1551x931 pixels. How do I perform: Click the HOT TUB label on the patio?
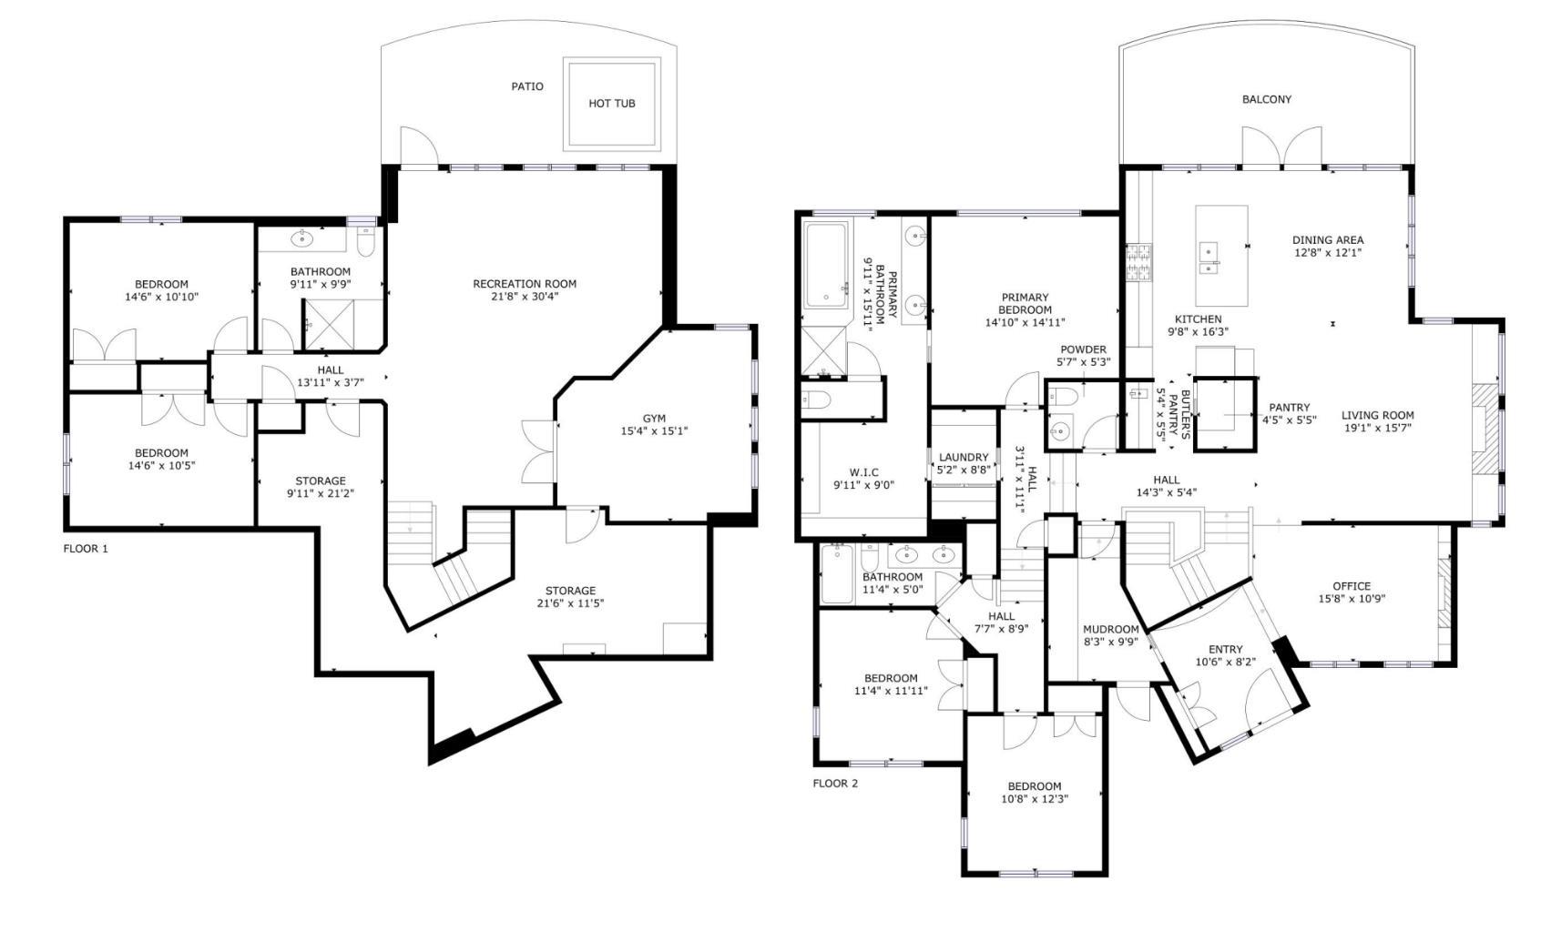[611, 104]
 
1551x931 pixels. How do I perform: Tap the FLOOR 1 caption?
[86, 549]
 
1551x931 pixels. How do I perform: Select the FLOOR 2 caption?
[835, 784]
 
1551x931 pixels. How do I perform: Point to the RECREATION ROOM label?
[525, 284]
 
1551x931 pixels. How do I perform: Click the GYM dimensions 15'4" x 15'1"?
[654, 431]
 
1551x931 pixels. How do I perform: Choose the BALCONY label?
[1267, 99]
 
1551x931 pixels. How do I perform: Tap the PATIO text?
[527, 87]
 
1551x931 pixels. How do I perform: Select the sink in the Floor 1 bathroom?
[301, 239]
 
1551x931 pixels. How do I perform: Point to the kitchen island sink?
[1209, 258]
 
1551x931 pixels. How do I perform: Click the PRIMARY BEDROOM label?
[1025, 304]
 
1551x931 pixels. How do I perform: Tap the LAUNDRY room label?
[964, 458]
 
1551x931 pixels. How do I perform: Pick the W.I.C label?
[864, 473]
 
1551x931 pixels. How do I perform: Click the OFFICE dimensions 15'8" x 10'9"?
[1352, 599]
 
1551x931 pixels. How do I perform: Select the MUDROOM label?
[1110, 630]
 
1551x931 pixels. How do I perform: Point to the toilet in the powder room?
[1063, 396]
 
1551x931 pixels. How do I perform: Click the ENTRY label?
[1226, 650]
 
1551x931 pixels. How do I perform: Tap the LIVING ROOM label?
[1378, 416]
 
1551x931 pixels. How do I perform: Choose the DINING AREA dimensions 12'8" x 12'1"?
[1328, 253]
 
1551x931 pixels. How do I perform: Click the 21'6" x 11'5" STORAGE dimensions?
[570, 604]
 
